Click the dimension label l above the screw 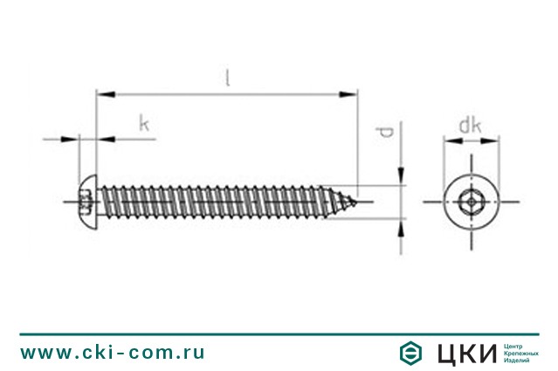pyautogui.click(x=227, y=78)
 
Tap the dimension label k pyautogui.click(x=144, y=124)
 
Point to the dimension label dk pyautogui.click(x=470, y=126)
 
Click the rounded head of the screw pyautogui.click(x=87, y=202)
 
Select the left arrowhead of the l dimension pyautogui.click(x=106, y=94)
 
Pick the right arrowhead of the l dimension pyautogui.click(x=348, y=94)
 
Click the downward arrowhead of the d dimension pyautogui.click(x=401, y=175)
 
